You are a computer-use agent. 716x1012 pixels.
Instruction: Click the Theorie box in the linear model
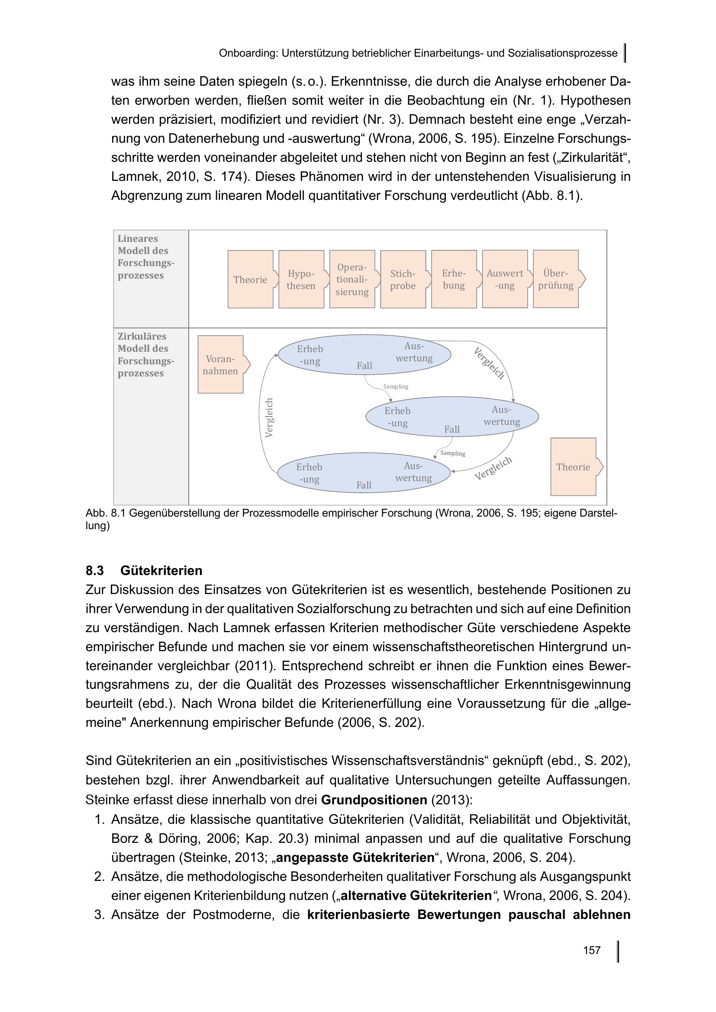pyautogui.click(x=250, y=280)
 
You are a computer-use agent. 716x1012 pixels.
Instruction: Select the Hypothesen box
pyautogui.click(x=301, y=280)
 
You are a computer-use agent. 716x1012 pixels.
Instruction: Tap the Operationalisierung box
pyautogui.click(x=352, y=280)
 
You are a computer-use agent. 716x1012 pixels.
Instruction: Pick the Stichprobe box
pyautogui.click(x=403, y=280)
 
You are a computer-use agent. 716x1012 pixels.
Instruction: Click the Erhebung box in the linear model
pyautogui.click(x=454, y=280)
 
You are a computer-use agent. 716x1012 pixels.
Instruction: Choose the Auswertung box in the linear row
pyautogui.click(x=505, y=280)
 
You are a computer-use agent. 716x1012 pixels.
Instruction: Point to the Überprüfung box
pyautogui.click(x=555, y=280)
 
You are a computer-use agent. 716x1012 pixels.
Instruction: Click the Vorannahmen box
pyautogui.click(x=220, y=364)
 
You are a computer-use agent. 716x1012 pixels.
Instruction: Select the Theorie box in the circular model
pyautogui.click(x=573, y=467)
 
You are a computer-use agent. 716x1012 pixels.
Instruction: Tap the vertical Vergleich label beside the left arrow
pyautogui.click(x=269, y=418)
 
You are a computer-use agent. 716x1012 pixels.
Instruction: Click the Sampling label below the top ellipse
pyautogui.click(x=396, y=386)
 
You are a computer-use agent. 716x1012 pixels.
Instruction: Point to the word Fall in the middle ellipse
pyautogui.click(x=452, y=429)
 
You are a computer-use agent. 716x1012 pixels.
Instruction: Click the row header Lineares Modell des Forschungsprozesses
pyautogui.click(x=145, y=257)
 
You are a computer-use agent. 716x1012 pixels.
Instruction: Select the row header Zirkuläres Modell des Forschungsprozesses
pyautogui.click(x=145, y=355)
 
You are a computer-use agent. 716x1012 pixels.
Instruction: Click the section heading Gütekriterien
pyautogui.click(x=161, y=570)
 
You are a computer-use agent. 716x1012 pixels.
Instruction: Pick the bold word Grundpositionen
pyautogui.click(x=374, y=800)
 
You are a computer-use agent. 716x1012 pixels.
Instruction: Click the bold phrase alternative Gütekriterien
pyautogui.click(x=416, y=895)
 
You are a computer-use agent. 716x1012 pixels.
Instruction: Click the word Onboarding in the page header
pyautogui.click(x=248, y=53)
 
